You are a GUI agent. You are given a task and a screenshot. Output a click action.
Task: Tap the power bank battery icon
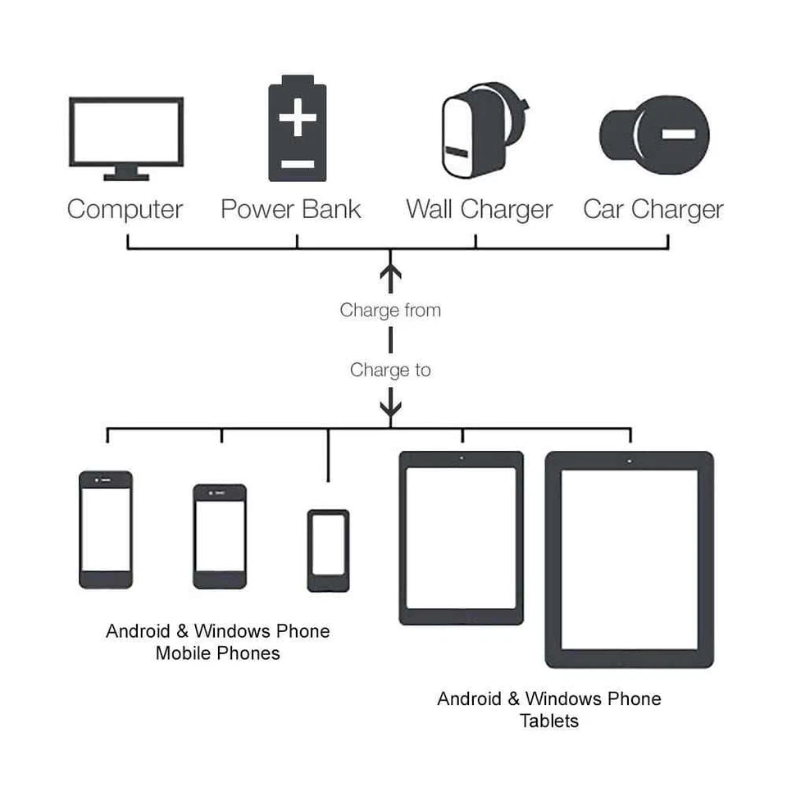(x=297, y=129)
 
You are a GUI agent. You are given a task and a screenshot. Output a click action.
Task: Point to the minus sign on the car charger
(x=679, y=134)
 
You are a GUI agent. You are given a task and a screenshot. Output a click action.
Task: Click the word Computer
(x=125, y=210)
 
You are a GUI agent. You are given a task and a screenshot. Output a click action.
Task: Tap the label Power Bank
(x=291, y=210)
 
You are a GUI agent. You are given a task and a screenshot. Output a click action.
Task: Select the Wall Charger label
(x=480, y=210)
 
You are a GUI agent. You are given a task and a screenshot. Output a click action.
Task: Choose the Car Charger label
(x=653, y=210)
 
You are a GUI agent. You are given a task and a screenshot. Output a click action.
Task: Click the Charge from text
(x=390, y=311)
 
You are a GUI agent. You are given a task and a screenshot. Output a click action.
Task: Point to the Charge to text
(x=390, y=371)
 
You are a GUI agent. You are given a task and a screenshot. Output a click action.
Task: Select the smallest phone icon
(x=328, y=551)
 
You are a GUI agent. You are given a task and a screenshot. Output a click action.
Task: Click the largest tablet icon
(x=629, y=559)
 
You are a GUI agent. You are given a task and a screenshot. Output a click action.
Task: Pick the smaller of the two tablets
(x=461, y=538)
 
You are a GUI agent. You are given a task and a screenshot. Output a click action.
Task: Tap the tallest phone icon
(x=106, y=530)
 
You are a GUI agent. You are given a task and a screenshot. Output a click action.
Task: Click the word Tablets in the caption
(x=548, y=721)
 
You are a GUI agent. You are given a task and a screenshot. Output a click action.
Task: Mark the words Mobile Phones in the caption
(x=218, y=654)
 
